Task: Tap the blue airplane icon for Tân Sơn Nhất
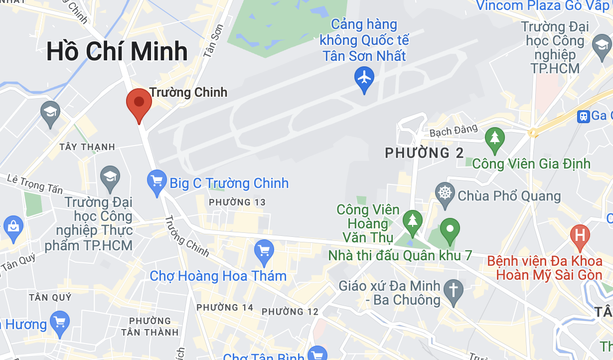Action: click(x=365, y=78)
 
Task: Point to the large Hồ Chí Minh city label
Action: click(x=117, y=52)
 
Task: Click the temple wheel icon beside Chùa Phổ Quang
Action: click(x=445, y=193)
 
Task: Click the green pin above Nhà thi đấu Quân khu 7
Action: click(x=450, y=230)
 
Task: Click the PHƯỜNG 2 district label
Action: click(x=425, y=153)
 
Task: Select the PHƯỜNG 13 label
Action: click(x=237, y=202)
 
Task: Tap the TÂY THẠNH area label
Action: click(x=87, y=147)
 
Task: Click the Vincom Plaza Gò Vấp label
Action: click(x=544, y=6)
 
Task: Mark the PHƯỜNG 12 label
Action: click(x=290, y=312)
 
